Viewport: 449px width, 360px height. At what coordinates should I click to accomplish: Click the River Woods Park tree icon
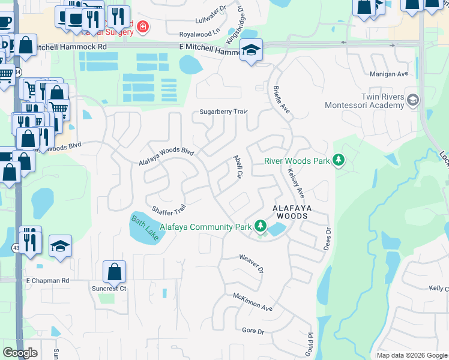[339, 160]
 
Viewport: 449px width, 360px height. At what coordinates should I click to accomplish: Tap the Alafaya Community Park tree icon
[260, 226]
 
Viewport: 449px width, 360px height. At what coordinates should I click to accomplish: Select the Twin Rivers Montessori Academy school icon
[412, 100]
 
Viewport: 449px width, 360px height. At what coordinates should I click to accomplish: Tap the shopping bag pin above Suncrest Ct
[114, 272]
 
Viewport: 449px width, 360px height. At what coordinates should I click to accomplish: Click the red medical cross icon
[142, 26]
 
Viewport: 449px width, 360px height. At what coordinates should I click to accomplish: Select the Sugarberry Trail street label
[223, 112]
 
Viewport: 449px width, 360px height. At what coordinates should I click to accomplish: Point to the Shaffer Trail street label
[169, 210]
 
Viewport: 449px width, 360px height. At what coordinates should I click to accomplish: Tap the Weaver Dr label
[252, 263]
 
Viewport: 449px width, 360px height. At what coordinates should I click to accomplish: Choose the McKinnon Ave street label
[253, 301]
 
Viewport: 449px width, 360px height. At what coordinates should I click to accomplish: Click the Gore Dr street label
[253, 331]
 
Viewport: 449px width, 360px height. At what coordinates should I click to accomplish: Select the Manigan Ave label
[389, 74]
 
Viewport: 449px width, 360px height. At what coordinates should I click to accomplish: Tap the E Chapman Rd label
[47, 280]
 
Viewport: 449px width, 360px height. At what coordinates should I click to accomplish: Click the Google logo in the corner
[20, 353]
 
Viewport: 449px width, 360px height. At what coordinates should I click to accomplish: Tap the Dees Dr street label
[328, 239]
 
